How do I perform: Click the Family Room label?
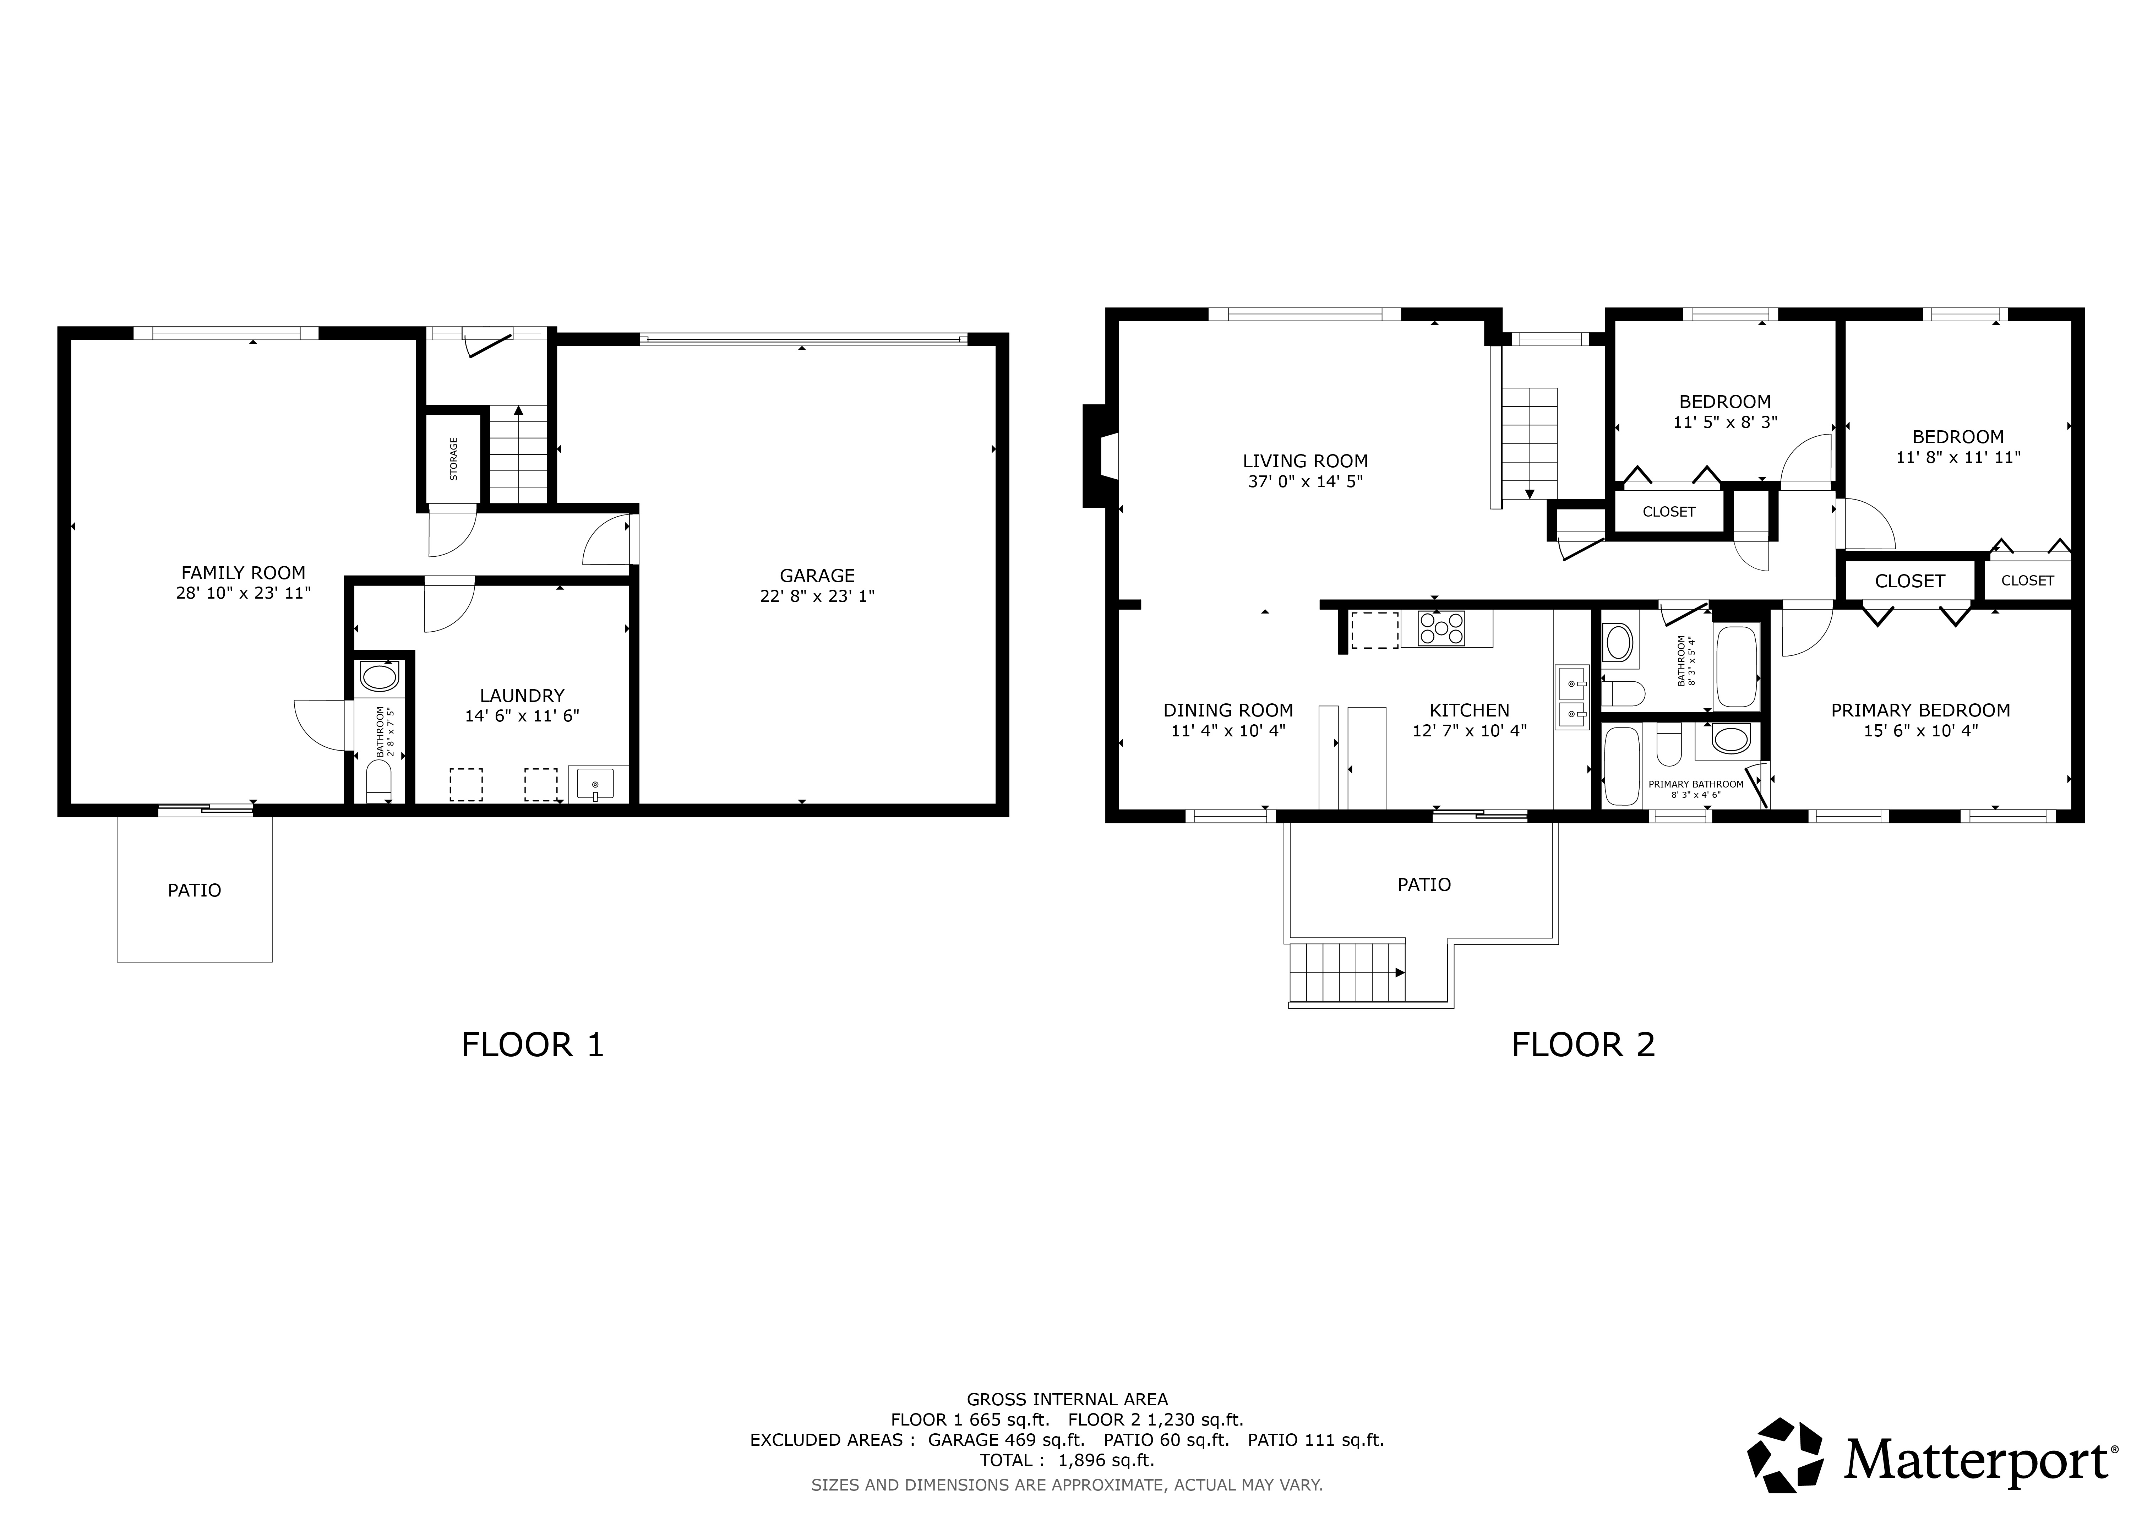tap(242, 573)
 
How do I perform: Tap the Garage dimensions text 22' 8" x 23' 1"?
tap(817, 596)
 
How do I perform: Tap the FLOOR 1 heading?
tap(533, 1045)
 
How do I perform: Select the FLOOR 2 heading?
tap(1583, 1045)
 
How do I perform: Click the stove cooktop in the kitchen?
tap(1441, 628)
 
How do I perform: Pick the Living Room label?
tap(1305, 461)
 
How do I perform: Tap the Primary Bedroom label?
tap(1920, 710)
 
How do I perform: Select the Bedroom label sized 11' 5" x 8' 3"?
tap(1725, 402)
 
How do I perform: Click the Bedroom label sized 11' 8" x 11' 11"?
tap(1958, 437)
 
